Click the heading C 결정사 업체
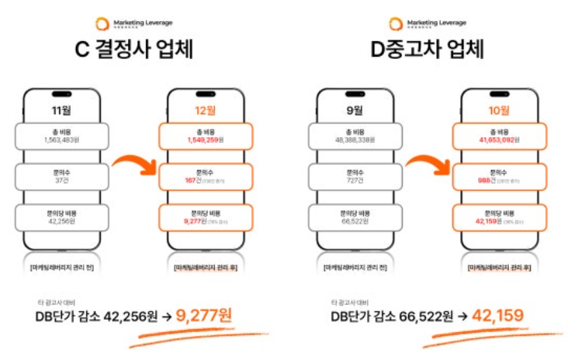click(133, 51)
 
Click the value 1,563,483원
click(61, 140)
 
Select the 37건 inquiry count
click(61, 181)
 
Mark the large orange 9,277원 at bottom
click(203, 316)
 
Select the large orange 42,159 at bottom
click(497, 316)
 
